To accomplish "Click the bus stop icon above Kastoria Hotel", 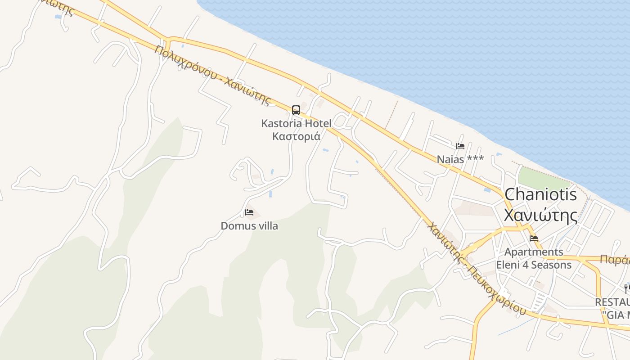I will [x=296, y=110].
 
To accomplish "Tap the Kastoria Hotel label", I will [x=296, y=123].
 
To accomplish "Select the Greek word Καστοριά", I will [x=296, y=136].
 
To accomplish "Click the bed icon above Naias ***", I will [x=460, y=146].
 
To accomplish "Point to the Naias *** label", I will [x=460, y=159].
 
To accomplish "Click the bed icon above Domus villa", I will [x=249, y=212].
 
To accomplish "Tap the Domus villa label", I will [x=249, y=226].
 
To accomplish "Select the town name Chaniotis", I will [x=540, y=194].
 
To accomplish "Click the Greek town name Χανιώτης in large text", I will [x=540, y=216].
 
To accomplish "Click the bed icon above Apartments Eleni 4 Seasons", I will [x=534, y=238].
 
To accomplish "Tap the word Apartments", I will [x=534, y=252].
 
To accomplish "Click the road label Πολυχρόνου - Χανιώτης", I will [x=213, y=75].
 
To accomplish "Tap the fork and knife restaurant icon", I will [x=626, y=288].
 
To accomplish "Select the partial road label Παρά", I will [x=615, y=260].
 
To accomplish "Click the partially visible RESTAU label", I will [x=612, y=302].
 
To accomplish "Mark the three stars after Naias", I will [x=475, y=158].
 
